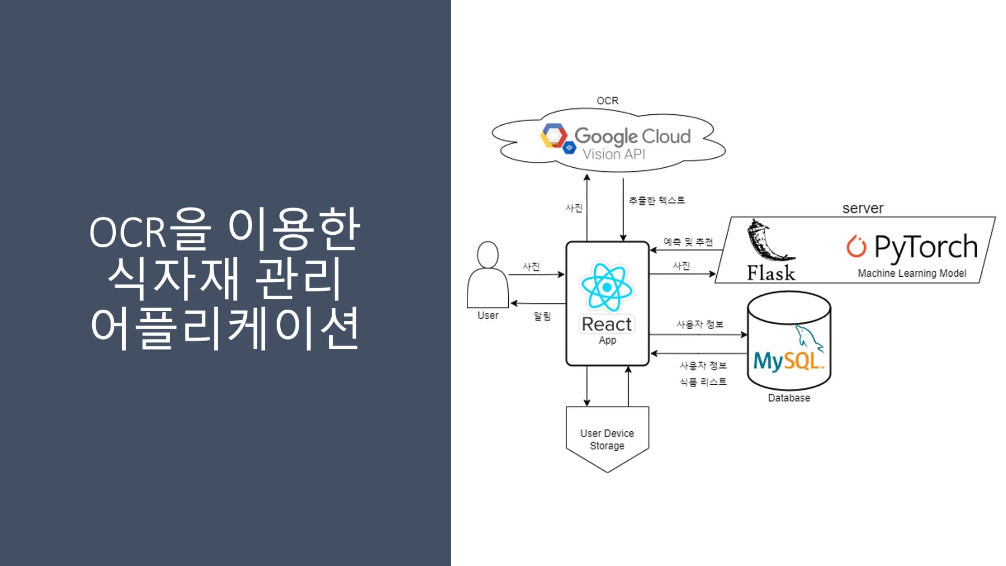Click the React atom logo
coord(607,287)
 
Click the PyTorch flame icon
coord(856,246)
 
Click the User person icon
coord(488,275)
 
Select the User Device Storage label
coord(607,439)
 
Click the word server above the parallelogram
coord(862,209)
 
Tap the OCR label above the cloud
coord(607,101)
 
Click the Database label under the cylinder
coord(789,398)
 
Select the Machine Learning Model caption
coord(912,273)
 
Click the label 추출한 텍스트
coord(657,200)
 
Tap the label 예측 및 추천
coord(688,242)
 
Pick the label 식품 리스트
coord(703,382)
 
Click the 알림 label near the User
coord(542,316)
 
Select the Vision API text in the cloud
coord(614,154)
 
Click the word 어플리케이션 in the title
coord(224,327)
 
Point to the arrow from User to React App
coord(536,274)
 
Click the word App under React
coord(607,340)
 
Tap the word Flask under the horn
coord(771,273)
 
